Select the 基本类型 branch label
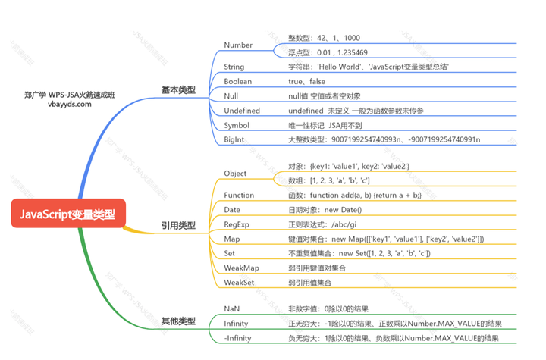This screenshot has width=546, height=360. coord(178,90)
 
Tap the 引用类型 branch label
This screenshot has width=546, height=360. coord(178,225)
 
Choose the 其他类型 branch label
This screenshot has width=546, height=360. coord(178,321)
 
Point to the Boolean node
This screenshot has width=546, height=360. coord(238,81)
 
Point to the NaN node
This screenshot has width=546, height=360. coord(232,308)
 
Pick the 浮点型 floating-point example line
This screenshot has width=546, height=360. coord(328,52)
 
